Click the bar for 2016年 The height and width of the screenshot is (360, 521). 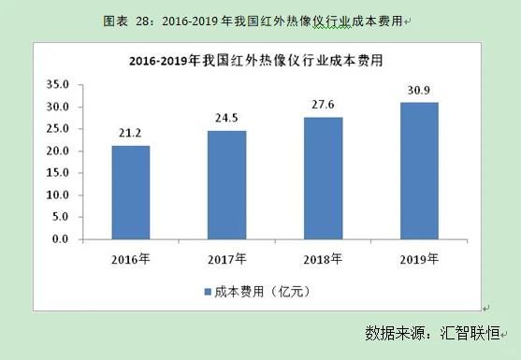click(x=131, y=193)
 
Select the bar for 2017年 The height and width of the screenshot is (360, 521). click(x=227, y=185)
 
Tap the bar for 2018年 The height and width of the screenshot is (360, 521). click(x=323, y=179)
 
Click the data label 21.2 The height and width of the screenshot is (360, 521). click(x=131, y=134)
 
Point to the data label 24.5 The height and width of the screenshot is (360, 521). click(x=227, y=119)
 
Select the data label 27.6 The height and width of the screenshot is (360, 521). click(x=323, y=106)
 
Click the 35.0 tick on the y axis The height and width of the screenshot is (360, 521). click(x=59, y=85)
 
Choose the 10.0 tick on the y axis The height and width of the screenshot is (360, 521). click(x=59, y=195)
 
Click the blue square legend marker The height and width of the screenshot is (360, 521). click(x=208, y=292)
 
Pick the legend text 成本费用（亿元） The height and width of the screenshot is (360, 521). click(x=265, y=292)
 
